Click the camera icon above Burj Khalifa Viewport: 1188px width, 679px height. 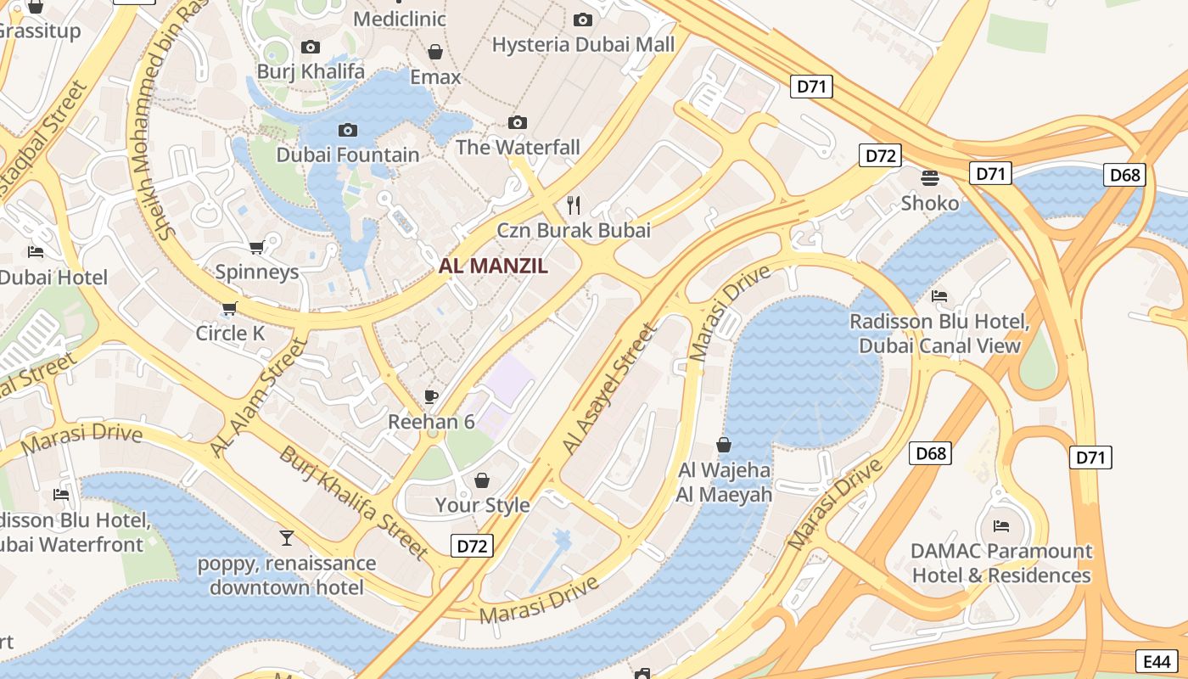[x=311, y=48]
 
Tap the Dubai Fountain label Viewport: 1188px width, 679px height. [x=348, y=154]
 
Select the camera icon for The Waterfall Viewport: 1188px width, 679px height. [x=518, y=123]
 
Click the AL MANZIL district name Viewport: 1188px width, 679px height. [x=493, y=266]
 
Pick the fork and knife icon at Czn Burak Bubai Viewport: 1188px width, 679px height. [x=574, y=205]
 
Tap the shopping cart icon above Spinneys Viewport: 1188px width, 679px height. [x=256, y=248]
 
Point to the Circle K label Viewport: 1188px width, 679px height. [x=230, y=333]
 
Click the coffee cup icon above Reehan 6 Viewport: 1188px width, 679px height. [x=431, y=396]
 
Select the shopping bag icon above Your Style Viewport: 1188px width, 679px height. [x=482, y=481]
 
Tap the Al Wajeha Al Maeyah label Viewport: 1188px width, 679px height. [x=724, y=482]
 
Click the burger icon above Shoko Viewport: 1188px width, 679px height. [x=930, y=178]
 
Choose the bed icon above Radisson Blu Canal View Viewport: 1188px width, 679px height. [x=939, y=296]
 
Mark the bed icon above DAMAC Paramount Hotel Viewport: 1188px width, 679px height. [x=1001, y=526]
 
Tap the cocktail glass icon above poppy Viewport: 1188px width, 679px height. [x=287, y=538]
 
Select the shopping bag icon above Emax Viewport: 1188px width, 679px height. [x=435, y=53]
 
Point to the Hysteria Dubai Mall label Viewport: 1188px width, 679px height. [x=583, y=44]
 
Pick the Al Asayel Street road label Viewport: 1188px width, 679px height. [x=609, y=389]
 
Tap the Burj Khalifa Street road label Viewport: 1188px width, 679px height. [x=354, y=502]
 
